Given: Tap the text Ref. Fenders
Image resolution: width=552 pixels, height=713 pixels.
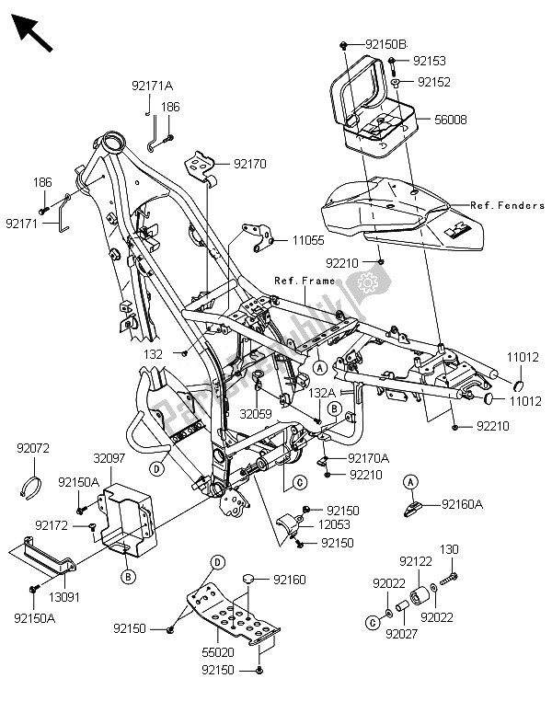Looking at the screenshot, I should pos(507,205).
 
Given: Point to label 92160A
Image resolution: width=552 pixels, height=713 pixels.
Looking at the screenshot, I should pos(465,504).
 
